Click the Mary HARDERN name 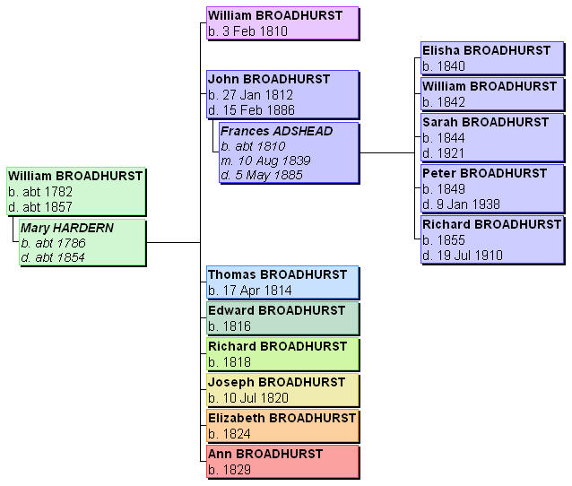[x=68, y=229]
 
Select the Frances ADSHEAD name [x=277, y=131]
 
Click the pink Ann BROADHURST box [x=282, y=462]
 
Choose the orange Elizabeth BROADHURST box [x=282, y=426]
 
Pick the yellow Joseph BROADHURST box [x=282, y=390]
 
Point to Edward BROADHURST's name [x=276, y=311]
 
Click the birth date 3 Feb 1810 [x=247, y=30]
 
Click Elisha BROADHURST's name [x=487, y=51]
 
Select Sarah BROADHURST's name [x=486, y=122]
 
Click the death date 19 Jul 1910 [x=462, y=256]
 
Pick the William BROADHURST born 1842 [x=490, y=87]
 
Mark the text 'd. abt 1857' [x=40, y=206]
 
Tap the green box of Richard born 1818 [x=282, y=354]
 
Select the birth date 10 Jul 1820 [x=250, y=398]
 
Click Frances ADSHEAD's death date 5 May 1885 [x=261, y=174]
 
